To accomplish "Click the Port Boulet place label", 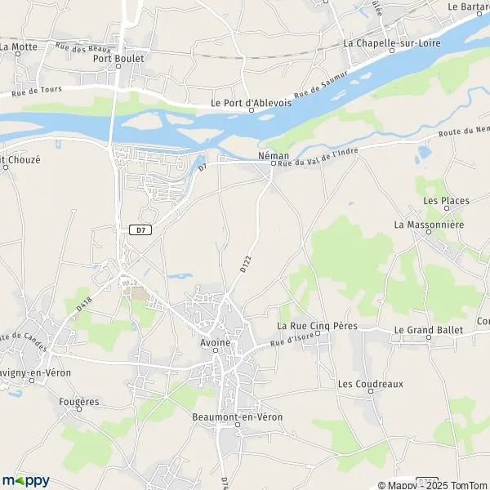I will [x=118, y=59].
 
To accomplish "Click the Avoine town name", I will [x=216, y=343].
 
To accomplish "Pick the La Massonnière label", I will [x=428, y=224].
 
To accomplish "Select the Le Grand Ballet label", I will [x=428, y=330].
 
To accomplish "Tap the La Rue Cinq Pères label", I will [x=312, y=326].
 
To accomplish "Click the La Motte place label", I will [x=20, y=47].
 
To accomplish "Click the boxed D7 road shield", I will [x=140, y=230].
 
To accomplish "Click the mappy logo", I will [x=25, y=480].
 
